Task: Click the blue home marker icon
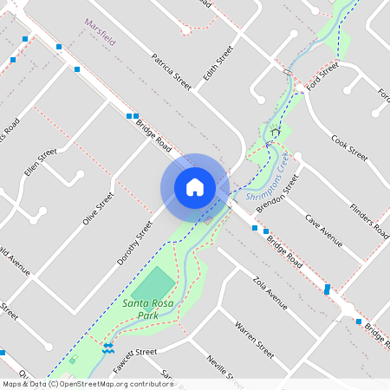tap(195, 187)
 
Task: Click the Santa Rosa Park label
tap(146, 309)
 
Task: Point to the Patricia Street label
tap(171, 73)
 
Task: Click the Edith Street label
tap(218, 66)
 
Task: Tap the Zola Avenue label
tap(269, 293)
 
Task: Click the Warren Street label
tap(255, 339)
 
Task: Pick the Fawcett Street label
tap(134, 353)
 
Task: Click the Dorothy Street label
tap(134, 242)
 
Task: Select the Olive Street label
tap(98, 209)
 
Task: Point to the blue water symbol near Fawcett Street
tap(107, 348)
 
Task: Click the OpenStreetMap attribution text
tap(87, 384)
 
